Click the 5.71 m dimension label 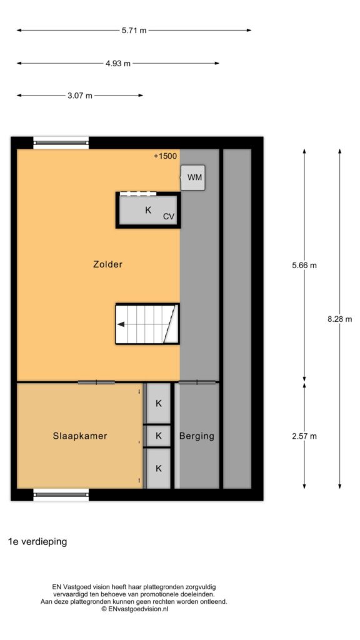(x=134, y=30)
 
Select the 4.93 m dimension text (x=118, y=63)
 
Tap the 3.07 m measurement (x=80, y=96)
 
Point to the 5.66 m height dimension (x=304, y=265)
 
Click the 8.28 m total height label (x=339, y=319)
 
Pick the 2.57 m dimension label (x=304, y=436)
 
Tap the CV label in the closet (x=169, y=217)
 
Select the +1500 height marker (x=165, y=156)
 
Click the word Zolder (x=107, y=264)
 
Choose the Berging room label (x=197, y=436)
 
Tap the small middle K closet (x=159, y=436)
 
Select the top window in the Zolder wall (x=61, y=143)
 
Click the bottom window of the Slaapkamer (x=61, y=495)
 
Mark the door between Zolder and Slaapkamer (x=96, y=382)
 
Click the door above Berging (x=197, y=382)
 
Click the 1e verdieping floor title (x=37, y=542)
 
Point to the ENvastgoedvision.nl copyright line (x=135, y=609)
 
